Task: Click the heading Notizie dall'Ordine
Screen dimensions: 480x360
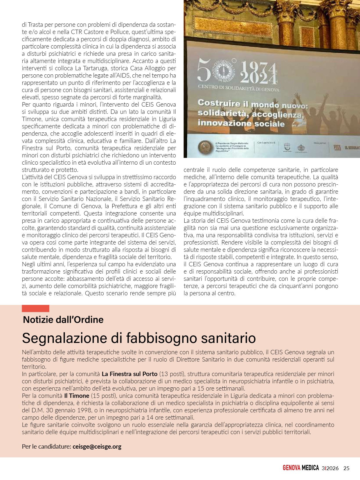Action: click(x=63, y=320)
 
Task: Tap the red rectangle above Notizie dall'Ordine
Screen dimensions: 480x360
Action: click(x=35, y=308)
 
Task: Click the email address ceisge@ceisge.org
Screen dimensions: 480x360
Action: click(x=97, y=446)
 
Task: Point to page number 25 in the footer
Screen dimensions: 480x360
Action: click(x=346, y=468)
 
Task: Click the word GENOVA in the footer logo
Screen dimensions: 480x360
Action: click(x=291, y=468)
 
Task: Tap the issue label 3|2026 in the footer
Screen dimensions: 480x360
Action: click(x=330, y=468)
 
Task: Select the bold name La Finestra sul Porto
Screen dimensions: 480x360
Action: click(x=129, y=374)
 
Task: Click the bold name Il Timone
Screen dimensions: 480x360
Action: click(x=77, y=396)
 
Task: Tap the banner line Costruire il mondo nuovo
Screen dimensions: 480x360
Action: click(x=252, y=104)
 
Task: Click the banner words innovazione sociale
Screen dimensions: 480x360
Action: click(x=241, y=123)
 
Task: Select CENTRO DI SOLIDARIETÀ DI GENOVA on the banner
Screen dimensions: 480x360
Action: click(x=238, y=88)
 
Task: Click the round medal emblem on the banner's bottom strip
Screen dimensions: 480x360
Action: click(x=206, y=147)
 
